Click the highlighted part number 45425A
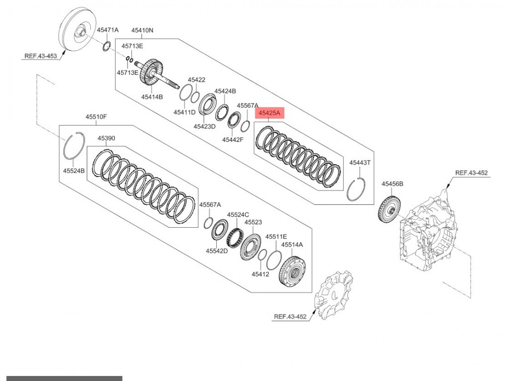pos(268,114)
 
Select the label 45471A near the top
pos(108,30)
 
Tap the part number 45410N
pos(142,30)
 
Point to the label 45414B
pos(152,97)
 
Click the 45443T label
pos(360,162)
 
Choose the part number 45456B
pos(392,184)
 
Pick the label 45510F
pos(96,117)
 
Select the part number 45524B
pos(73,171)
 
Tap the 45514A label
pos(292,245)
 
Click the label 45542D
pos(216,251)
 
